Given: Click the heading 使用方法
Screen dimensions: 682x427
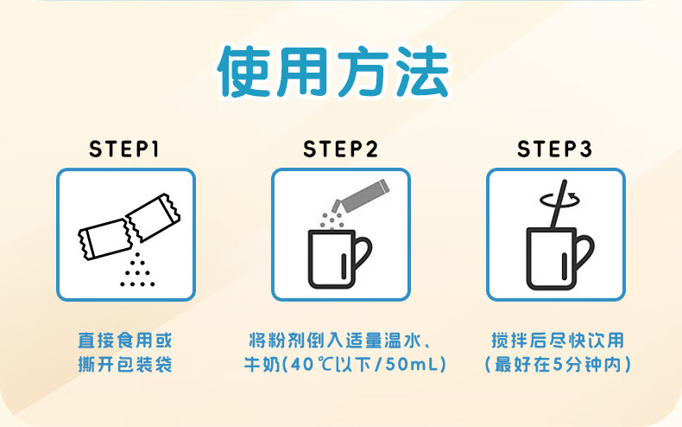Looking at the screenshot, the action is (333, 72).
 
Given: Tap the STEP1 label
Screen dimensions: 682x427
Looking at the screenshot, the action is (124, 149).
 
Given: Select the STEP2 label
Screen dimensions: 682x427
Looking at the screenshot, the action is (340, 149).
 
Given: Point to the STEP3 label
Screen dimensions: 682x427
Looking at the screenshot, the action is (554, 149).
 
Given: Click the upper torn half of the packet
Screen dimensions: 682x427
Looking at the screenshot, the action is (153, 217).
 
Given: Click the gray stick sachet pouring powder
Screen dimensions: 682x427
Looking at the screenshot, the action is (361, 195).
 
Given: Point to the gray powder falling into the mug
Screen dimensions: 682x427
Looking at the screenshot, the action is (332, 220).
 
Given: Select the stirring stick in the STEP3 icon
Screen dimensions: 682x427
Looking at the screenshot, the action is (559, 204).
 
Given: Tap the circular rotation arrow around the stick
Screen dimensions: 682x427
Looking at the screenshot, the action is (559, 201).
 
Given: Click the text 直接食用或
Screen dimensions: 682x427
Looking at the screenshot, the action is (125, 341).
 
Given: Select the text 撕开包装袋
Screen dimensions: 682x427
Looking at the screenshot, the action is (125, 364).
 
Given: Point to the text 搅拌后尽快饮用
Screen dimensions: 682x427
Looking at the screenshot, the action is (558, 341).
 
